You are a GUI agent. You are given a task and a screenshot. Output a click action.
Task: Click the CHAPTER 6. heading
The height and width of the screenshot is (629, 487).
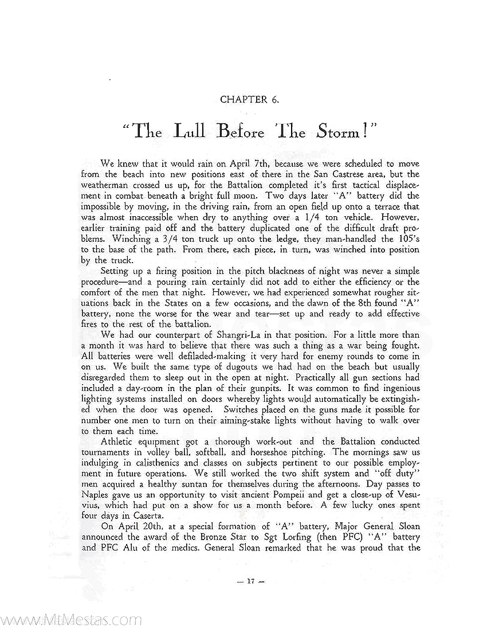[x=249, y=99]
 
